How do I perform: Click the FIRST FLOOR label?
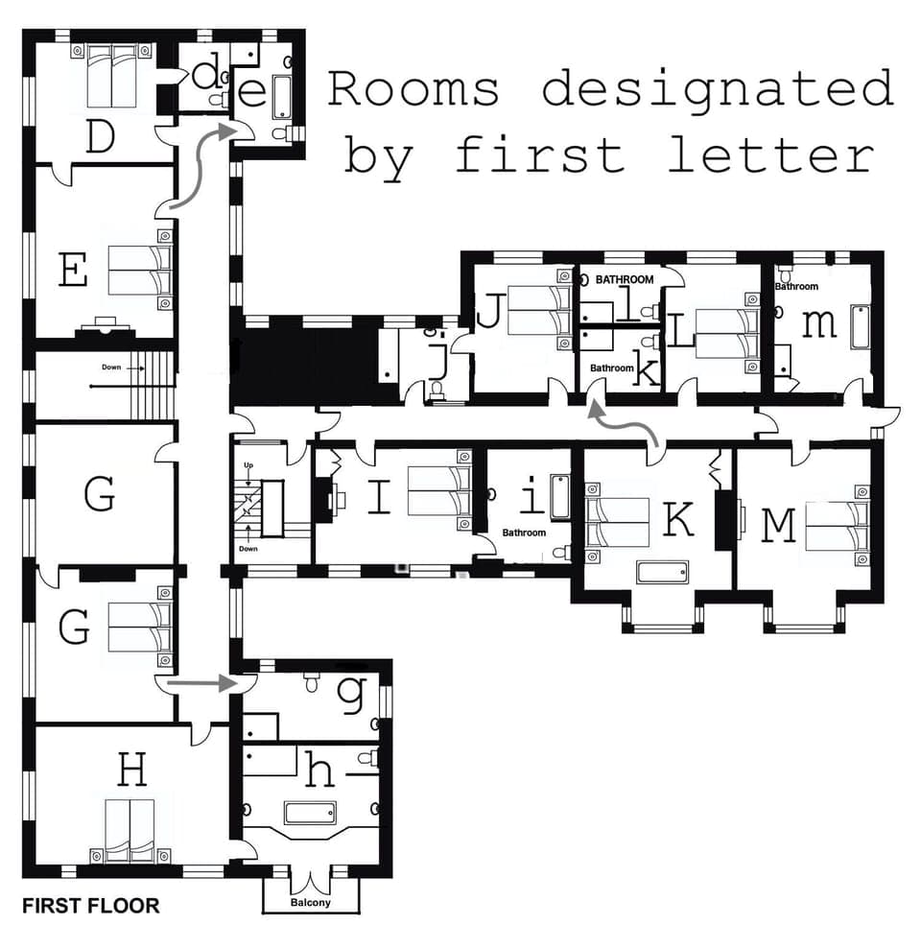91,905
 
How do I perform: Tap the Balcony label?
310,902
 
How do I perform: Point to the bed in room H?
130,827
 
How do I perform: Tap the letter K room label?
678,519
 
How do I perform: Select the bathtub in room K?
662,572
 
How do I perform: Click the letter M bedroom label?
778,525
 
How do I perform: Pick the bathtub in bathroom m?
860,331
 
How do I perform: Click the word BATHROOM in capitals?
625,280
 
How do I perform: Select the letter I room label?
380,498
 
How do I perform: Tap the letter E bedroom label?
73,270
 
